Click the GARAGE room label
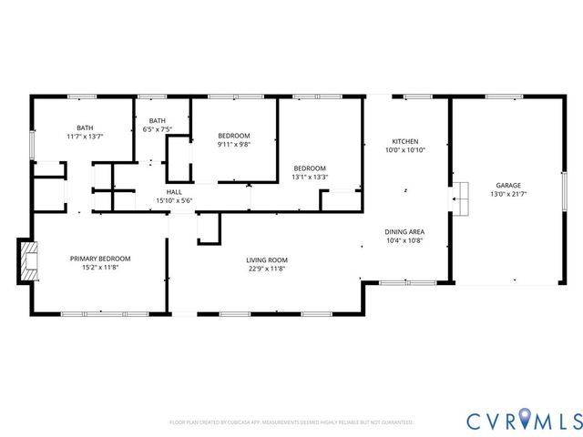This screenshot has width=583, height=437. pos(507,185)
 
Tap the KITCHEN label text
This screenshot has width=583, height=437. pos(404,141)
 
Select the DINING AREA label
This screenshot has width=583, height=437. pos(405,231)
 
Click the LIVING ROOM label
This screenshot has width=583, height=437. pos(267,259)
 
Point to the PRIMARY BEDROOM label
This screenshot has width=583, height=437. pos(100,259)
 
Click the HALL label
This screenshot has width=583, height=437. pos(174,191)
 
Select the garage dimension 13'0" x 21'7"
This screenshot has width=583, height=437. pos(507,194)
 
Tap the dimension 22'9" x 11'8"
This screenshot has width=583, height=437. pos(267,269)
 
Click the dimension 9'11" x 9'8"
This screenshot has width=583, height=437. pos(233,144)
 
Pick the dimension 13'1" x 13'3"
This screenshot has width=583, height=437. pos(310,178)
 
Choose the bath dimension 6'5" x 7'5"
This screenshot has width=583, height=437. pos(158,129)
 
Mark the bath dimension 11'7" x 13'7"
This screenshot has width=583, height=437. pos(85,137)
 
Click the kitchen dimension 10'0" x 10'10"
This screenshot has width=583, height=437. pos(404,150)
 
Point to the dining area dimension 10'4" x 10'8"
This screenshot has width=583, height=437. pos(405,240)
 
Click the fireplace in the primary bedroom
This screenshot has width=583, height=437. pos(28,259)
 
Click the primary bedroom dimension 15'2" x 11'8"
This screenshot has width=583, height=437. pos(100,268)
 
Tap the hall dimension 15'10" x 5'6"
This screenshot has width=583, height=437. pos(174,200)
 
